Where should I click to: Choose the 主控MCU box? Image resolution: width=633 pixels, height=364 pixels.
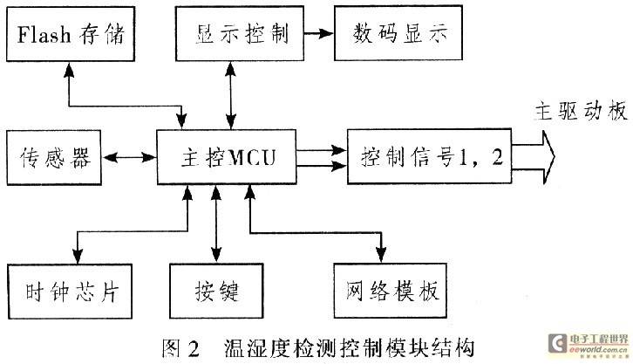225,158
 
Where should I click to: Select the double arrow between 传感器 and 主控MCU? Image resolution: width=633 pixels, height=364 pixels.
128,158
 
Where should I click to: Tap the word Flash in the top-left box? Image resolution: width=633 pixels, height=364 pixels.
38,38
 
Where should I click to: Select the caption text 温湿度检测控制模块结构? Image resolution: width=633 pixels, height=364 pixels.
348,348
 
